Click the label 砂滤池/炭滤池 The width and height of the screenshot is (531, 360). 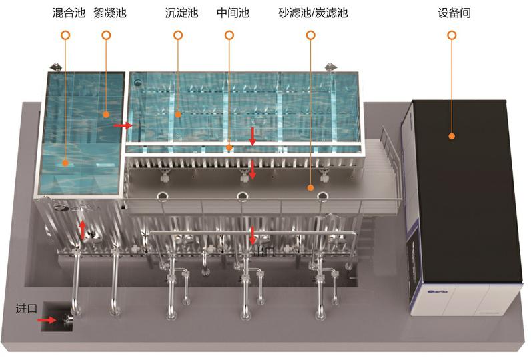(x=313, y=13)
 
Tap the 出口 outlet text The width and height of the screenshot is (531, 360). (x=264, y=252)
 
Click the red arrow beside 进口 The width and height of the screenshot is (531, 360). (x=47, y=320)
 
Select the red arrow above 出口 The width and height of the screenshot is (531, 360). (x=253, y=235)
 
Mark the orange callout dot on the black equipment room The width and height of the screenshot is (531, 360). (x=452, y=136)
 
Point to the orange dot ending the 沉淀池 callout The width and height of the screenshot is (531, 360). (x=178, y=115)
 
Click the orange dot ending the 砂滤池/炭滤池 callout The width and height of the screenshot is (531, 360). (x=310, y=189)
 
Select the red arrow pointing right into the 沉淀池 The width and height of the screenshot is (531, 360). (x=122, y=125)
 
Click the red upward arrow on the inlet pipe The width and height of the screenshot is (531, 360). (x=83, y=229)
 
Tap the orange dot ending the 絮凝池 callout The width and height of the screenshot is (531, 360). (x=106, y=115)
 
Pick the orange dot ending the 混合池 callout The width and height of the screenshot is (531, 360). (x=65, y=162)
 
